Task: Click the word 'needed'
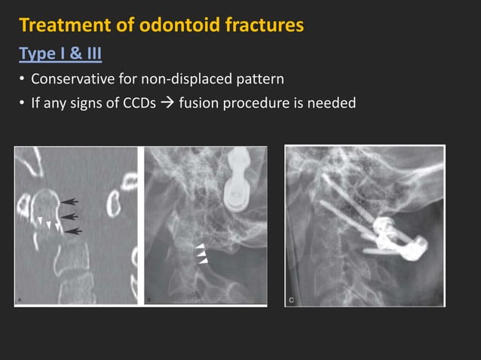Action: click(x=331, y=103)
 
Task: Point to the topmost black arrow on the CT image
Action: click(x=69, y=200)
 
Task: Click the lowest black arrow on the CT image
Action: click(x=72, y=230)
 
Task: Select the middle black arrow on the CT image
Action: click(x=69, y=216)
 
